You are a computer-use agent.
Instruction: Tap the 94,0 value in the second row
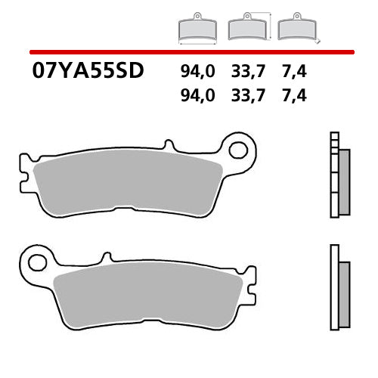(x=197, y=97)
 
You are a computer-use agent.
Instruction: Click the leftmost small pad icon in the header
(x=197, y=28)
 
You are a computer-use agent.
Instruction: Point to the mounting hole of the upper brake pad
(x=239, y=150)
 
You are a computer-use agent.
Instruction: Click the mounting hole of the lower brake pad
(x=34, y=263)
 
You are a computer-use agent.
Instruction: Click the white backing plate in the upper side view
(x=333, y=174)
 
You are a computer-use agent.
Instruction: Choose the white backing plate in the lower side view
(x=333, y=287)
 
